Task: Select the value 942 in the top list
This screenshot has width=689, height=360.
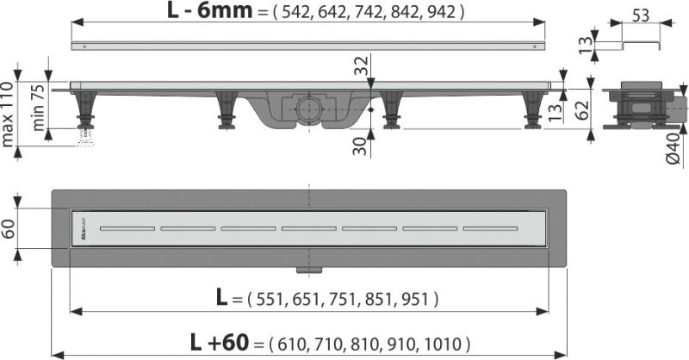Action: tap(445, 13)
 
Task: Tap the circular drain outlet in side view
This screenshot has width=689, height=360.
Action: tap(307, 108)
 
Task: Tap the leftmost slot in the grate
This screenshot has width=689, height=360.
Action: tap(127, 228)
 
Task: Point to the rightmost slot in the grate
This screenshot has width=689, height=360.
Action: tap(490, 228)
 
